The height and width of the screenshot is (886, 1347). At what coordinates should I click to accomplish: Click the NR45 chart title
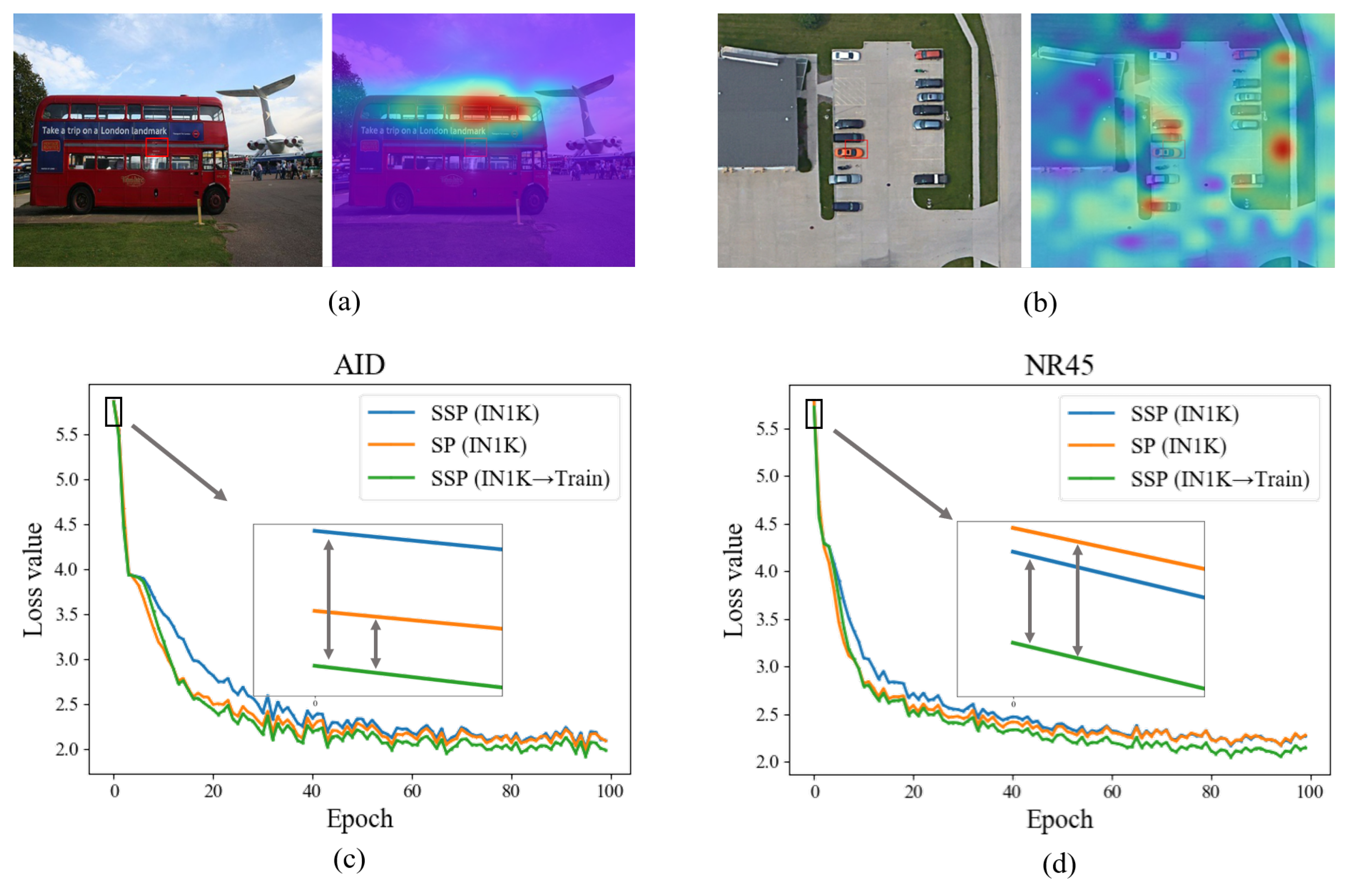click(x=1059, y=365)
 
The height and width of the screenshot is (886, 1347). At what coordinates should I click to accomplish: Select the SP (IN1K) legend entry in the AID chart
click(x=478, y=446)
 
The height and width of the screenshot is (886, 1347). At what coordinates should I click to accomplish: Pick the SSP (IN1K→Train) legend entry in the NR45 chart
click(x=1220, y=479)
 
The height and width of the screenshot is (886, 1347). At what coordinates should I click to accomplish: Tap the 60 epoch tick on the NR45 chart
click(x=1111, y=791)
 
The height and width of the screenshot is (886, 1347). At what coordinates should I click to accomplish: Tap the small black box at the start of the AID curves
click(x=113, y=411)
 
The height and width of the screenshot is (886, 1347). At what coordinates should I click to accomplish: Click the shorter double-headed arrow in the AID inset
click(x=375, y=644)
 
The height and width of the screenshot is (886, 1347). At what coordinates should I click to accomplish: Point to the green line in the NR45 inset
click(x=1108, y=665)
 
